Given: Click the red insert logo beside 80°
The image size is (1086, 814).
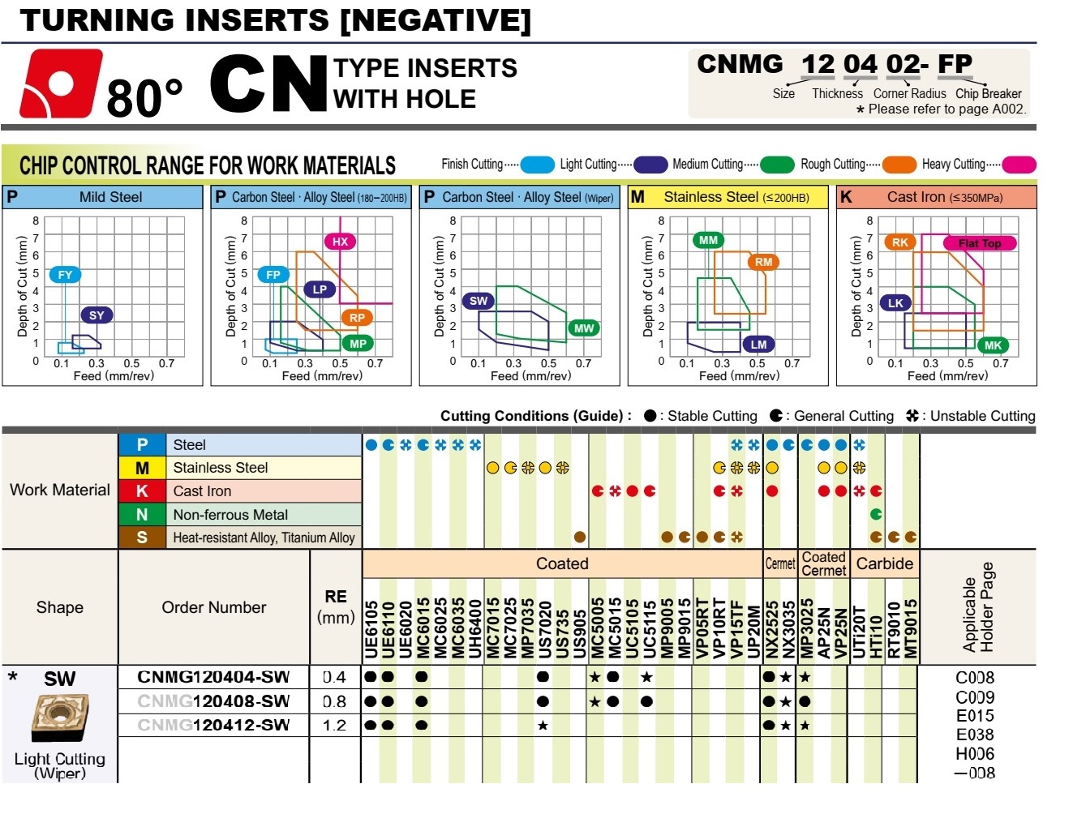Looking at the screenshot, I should coord(61,84).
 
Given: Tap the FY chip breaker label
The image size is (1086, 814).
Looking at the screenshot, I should coord(65,275).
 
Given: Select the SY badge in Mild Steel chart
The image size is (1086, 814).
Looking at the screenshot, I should coord(97,315).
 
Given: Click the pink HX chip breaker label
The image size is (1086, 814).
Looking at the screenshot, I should coord(340,241).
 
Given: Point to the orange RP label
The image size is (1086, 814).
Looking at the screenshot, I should coord(357,318).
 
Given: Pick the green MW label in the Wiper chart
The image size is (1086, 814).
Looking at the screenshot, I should coord(584,328).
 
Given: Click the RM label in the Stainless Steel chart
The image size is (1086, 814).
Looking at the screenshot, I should coord(763,262).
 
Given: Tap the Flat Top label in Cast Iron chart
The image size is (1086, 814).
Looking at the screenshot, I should coord(980,243).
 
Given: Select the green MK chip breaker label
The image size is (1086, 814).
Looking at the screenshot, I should coord(993,345).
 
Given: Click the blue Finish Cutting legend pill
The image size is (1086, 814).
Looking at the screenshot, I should coord(537,165).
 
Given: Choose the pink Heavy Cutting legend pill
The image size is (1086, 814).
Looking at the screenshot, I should coord(1019,165).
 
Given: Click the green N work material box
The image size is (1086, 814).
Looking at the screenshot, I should coord(142,515).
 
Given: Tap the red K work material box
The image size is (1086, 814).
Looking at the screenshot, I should coord(142,491).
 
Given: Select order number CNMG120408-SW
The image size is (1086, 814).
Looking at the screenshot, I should coord(213,701).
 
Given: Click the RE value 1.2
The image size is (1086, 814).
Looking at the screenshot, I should coord(334,726).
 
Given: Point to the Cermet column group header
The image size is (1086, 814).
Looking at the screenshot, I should coord(780,564).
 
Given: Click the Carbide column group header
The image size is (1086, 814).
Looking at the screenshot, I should coord(884,564).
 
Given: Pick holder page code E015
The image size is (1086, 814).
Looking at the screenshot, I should coord(974,716).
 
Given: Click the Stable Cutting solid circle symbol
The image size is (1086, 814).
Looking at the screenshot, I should coord(650,416).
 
